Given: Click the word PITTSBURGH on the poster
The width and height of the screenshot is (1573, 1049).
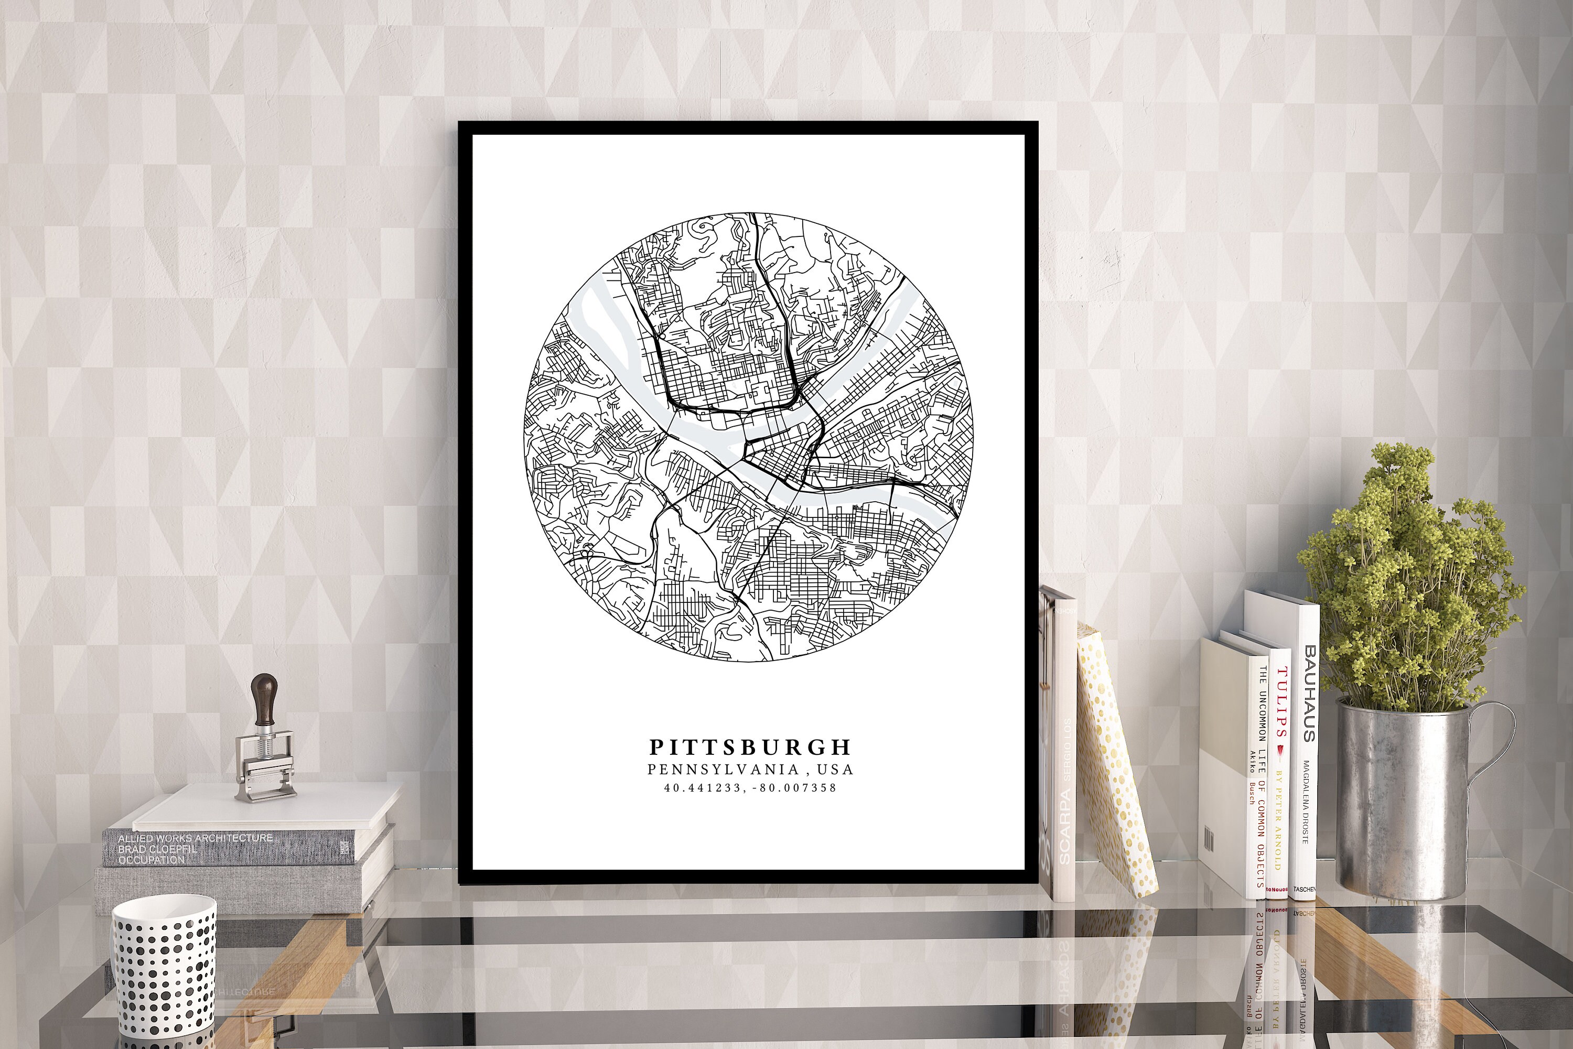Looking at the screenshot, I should pyautogui.click(x=750, y=747).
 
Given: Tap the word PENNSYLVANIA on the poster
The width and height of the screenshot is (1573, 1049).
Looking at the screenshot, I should pyautogui.click(x=723, y=770).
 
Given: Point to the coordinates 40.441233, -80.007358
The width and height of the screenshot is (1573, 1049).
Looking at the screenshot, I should pyautogui.click(x=750, y=788).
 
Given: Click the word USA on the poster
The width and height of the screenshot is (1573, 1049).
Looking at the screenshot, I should pyautogui.click(x=838, y=770).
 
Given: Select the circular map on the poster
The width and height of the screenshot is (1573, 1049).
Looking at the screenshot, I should pyautogui.click(x=748, y=438).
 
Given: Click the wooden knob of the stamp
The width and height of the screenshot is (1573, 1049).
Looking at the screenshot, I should pyautogui.click(x=264, y=696).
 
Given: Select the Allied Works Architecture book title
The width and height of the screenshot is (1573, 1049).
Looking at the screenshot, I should pyautogui.click(x=195, y=838).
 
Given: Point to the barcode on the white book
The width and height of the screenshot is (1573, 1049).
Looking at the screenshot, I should pyautogui.click(x=1209, y=840).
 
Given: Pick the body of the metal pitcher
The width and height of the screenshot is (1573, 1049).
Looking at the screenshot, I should pyautogui.click(x=1398, y=803).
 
